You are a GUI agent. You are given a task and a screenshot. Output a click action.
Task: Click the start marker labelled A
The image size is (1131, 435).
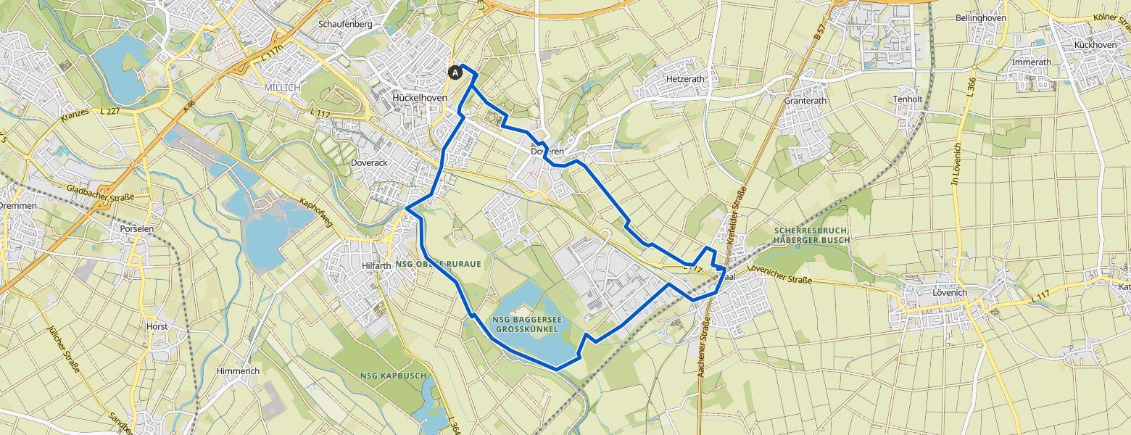(x=455, y=72)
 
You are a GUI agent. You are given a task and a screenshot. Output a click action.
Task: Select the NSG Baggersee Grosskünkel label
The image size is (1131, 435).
(x=526, y=324)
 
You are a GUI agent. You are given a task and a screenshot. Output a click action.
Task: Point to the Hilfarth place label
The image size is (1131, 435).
(x=376, y=266)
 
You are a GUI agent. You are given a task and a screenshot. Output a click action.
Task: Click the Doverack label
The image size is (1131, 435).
(x=369, y=163)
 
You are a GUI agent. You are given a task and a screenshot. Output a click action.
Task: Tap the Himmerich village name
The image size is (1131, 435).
(x=238, y=371)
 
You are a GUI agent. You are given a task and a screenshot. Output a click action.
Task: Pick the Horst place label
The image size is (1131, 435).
(x=157, y=327)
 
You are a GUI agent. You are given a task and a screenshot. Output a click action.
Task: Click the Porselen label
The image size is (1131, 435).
(x=138, y=228)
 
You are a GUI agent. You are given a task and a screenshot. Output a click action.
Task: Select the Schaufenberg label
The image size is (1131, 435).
(x=345, y=24)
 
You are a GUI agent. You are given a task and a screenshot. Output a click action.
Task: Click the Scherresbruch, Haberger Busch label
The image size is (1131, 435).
(x=809, y=235)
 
